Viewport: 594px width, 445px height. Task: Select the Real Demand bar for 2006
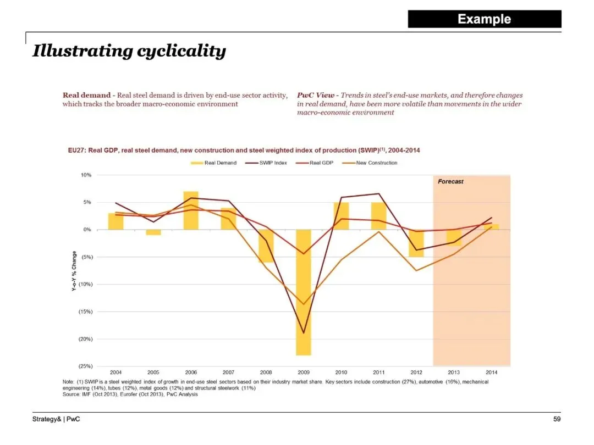(191, 210)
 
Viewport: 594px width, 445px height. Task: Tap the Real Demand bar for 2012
(416, 243)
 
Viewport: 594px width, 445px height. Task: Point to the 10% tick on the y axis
(86, 175)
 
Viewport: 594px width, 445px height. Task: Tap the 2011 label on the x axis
(378, 372)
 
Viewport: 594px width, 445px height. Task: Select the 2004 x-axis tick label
(116, 372)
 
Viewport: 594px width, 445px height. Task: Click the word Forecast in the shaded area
(450, 182)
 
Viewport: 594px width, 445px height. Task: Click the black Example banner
(484, 19)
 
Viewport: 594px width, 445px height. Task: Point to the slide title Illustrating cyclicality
(129, 51)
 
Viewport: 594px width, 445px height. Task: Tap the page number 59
(557, 420)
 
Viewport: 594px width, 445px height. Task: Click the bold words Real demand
(86, 96)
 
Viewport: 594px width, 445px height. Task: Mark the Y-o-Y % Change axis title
(74, 271)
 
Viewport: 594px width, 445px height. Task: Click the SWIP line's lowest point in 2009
(303, 333)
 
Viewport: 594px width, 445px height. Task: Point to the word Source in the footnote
(70, 394)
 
